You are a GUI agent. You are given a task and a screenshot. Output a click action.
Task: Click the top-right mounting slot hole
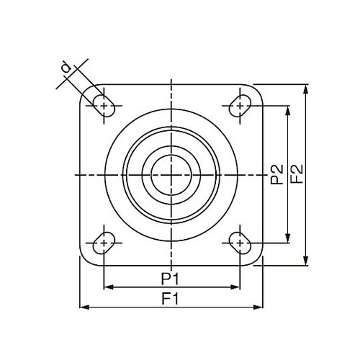(x=238, y=107)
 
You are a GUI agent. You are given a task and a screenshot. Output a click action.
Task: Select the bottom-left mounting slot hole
(x=104, y=243)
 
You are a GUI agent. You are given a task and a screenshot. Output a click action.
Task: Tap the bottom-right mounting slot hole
(x=238, y=243)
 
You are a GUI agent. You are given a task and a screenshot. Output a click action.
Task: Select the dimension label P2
(x=277, y=175)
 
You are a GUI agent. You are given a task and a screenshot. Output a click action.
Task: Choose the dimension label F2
(x=296, y=175)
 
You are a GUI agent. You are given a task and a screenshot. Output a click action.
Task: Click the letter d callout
(x=66, y=68)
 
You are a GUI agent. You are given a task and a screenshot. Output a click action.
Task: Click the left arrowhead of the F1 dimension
(x=82, y=307)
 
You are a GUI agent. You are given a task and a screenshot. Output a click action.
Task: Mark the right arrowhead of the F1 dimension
(x=259, y=307)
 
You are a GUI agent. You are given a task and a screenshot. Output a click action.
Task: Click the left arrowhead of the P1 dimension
(x=107, y=287)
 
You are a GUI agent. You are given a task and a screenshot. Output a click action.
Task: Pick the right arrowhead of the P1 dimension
(x=235, y=287)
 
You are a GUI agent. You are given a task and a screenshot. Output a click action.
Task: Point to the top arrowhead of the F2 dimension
(x=307, y=89)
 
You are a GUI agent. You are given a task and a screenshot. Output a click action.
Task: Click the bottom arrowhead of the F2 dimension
(x=307, y=262)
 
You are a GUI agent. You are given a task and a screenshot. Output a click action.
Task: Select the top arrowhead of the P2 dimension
(x=288, y=109)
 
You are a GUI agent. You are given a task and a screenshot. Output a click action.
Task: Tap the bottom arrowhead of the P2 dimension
(x=288, y=240)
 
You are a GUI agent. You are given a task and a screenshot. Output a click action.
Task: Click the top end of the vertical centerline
(x=171, y=77)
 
